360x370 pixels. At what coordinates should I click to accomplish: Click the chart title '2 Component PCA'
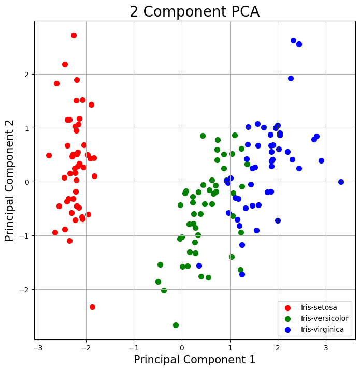tap(194, 11)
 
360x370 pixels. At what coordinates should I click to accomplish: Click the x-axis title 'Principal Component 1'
tap(194, 359)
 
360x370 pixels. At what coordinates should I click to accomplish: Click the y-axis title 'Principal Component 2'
tap(9, 181)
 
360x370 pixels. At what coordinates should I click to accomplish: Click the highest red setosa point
tap(74, 35)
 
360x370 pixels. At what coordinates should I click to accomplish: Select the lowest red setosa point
tap(92, 307)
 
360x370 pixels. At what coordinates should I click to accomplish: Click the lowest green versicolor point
tap(176, 325)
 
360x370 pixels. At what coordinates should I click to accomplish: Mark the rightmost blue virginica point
tap(341, 182)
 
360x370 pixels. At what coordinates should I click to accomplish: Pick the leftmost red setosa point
tap(49, 155)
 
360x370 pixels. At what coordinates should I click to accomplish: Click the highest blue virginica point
tap(293, 40)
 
